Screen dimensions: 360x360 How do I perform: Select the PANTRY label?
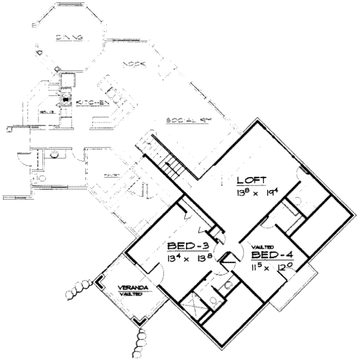point(112,175)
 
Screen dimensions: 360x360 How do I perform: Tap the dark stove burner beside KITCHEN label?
point(67,101)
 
